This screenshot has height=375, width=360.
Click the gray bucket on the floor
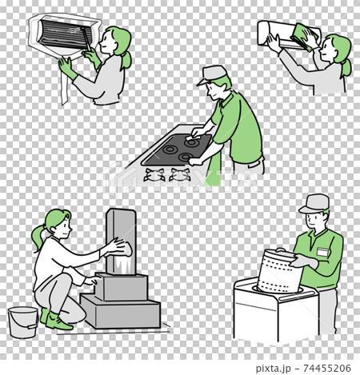(x=22, y=322)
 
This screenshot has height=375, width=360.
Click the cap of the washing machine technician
(x=315, y=203)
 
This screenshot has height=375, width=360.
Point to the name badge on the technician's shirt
(x=323, y=251)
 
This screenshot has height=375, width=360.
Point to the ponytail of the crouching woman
(x=38, y=236)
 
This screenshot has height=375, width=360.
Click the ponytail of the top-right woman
(x=346, y=67)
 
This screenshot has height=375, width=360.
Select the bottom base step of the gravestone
(x=120, y=313)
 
